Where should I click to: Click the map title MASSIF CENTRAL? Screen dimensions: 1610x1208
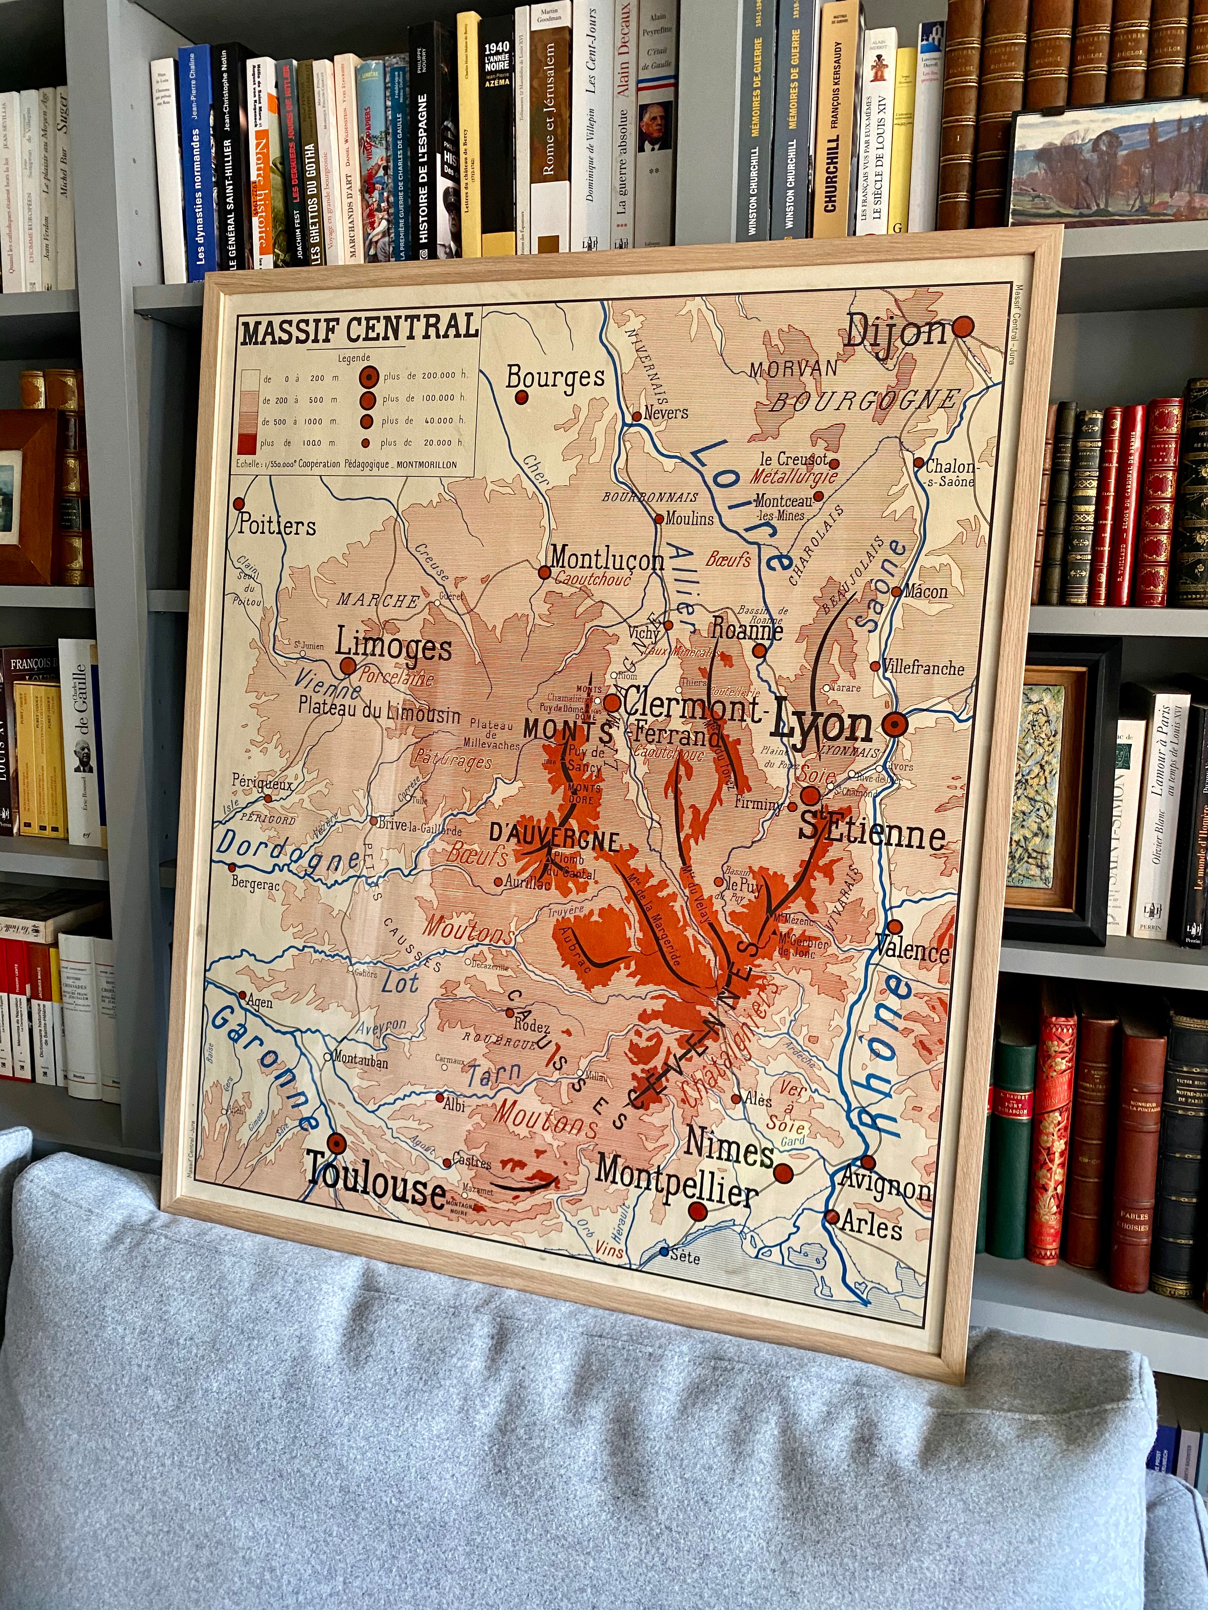tap(359, 329)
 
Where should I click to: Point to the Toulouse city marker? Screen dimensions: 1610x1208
tap(336, 1144)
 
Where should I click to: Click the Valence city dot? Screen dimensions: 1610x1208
tap(895, 926)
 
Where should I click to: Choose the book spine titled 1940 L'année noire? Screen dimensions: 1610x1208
tap(498, 138)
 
